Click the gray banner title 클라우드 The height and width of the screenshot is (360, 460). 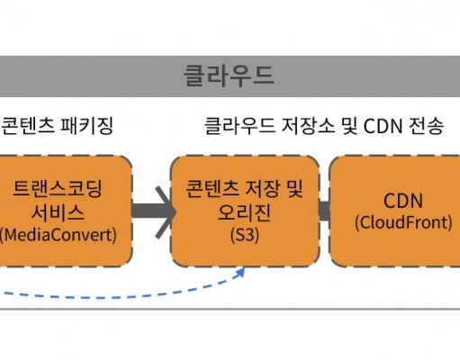pyautogui.click(x=229, y=76)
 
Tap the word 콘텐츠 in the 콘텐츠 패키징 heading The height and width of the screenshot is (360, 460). pyautogui.click(x=28, y=125)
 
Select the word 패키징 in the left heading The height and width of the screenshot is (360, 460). pyautogui.click(x=86, y=125)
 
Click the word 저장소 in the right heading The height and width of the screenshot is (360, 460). pyautogui.click(x=308, y=125)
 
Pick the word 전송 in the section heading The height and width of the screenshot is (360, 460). pyautogui.click(x=426, y=125)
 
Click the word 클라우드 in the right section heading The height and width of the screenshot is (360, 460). pyautogui.click(x=239, y=125)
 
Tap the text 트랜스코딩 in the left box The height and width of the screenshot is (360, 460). pyautogui.click(x=58, y=189)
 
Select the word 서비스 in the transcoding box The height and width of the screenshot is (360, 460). pyautogui.click(x=58, y=212)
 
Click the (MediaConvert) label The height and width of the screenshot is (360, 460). pyautogui.click(x=58, y=235)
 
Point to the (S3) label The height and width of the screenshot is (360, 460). pyautogui.click(x=245, y=235)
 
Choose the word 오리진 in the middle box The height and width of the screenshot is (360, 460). pyautogui.click(x=244, y=212)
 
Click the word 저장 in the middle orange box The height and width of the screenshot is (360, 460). pyautogui.click(x=263, y=189)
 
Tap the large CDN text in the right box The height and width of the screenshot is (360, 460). pyautogui.click(x=403, y=201)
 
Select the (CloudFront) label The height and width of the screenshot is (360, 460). pyautogui.click(x=403, y=222)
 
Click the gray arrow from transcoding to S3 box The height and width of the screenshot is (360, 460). pyautogui.click(x=154, y=212)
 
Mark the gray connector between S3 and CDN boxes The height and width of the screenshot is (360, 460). pyautogui.click(x=324, y=211)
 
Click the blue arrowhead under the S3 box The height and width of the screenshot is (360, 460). pyautogui.click(x=240, y=273)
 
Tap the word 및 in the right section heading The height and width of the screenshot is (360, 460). pyautogui.click(x=349, y=125)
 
